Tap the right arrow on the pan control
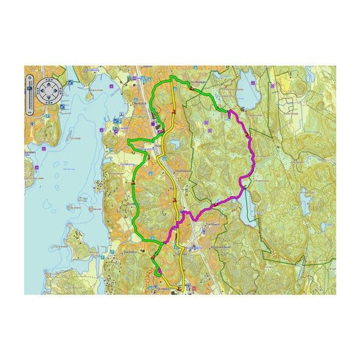click(x=58, y=90)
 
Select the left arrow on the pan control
click(x=40, y=90)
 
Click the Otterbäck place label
click(x=140, y=103)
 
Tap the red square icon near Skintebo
click(x=195, y=288)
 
